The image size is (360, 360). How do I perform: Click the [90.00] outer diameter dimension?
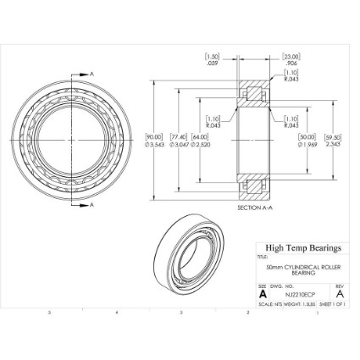[154, 139]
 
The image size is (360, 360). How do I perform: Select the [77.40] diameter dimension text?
[178, 139]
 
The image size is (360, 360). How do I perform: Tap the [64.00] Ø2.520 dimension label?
[200, 139]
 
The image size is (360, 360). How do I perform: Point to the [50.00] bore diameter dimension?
[306, 139]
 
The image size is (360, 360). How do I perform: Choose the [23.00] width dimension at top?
[291, 58]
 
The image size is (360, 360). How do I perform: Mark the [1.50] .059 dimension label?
[213, 58]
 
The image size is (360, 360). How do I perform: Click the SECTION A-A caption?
[254, 208]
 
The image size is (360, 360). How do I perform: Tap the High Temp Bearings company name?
[302, 248]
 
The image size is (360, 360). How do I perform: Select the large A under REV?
[339, 294]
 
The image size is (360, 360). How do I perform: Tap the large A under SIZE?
[263, 294]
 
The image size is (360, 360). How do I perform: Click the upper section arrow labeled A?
[89, 74]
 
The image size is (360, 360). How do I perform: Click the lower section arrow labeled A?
[89, 204]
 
